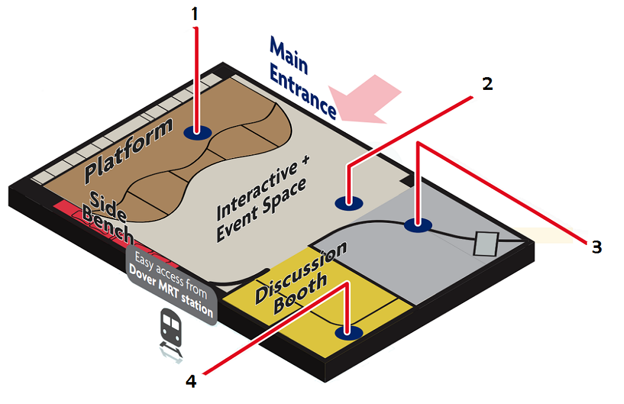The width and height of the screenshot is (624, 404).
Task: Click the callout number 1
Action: tap(195, 15)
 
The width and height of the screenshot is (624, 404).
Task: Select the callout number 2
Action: tap(487, 84)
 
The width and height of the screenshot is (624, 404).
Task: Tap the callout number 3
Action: tap(597, 247)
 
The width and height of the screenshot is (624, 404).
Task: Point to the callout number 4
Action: tap(191, 382)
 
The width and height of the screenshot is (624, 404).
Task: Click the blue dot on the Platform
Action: tap(198, 132)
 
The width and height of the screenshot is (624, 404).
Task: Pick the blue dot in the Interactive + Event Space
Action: tap(349, 203)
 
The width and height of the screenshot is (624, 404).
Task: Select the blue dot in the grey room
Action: tap(418, 225)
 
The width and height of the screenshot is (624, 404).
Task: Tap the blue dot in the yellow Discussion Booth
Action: tap(348, 332)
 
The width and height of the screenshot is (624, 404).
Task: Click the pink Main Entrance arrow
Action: tap(364, 99)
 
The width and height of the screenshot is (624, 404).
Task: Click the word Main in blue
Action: tap(289, 56)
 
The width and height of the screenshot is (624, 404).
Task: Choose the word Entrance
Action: tap(304, 92)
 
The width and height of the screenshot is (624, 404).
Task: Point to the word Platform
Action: tap(129, 151)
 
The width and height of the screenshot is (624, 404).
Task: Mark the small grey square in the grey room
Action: tap(486, 244)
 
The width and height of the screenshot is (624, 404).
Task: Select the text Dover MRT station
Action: tap(171, 292)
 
